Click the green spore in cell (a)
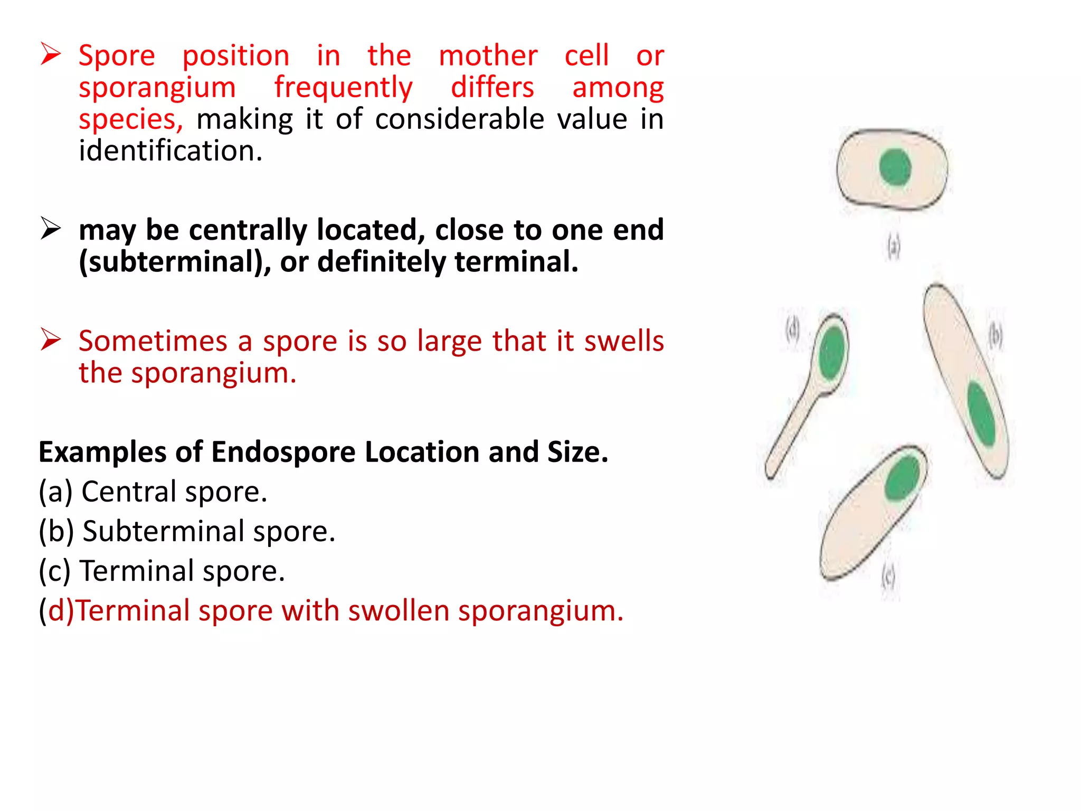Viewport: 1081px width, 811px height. coord(895,167)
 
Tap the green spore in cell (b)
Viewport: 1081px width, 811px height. coord(981,413)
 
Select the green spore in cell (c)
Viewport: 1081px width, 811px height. coord(902,478)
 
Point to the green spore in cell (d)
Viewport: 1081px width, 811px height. coord(832,353)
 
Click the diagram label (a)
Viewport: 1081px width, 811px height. coord(893,247)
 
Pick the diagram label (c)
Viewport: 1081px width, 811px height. coord(888,576)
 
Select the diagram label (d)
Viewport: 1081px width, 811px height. coord(793,330)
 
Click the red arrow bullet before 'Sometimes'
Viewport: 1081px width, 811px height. coord(51,339)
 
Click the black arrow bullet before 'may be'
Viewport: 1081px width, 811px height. coord(51,229)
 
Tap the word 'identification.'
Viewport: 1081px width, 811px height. coord(170,151)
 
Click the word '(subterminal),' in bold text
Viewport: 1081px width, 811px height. coord(175,262)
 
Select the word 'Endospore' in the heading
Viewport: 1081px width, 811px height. coord(283,452)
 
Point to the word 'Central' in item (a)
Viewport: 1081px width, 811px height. coord(129,492)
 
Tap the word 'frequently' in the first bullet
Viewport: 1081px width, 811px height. coord(343,88)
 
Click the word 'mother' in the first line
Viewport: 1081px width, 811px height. coord(488,56)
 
